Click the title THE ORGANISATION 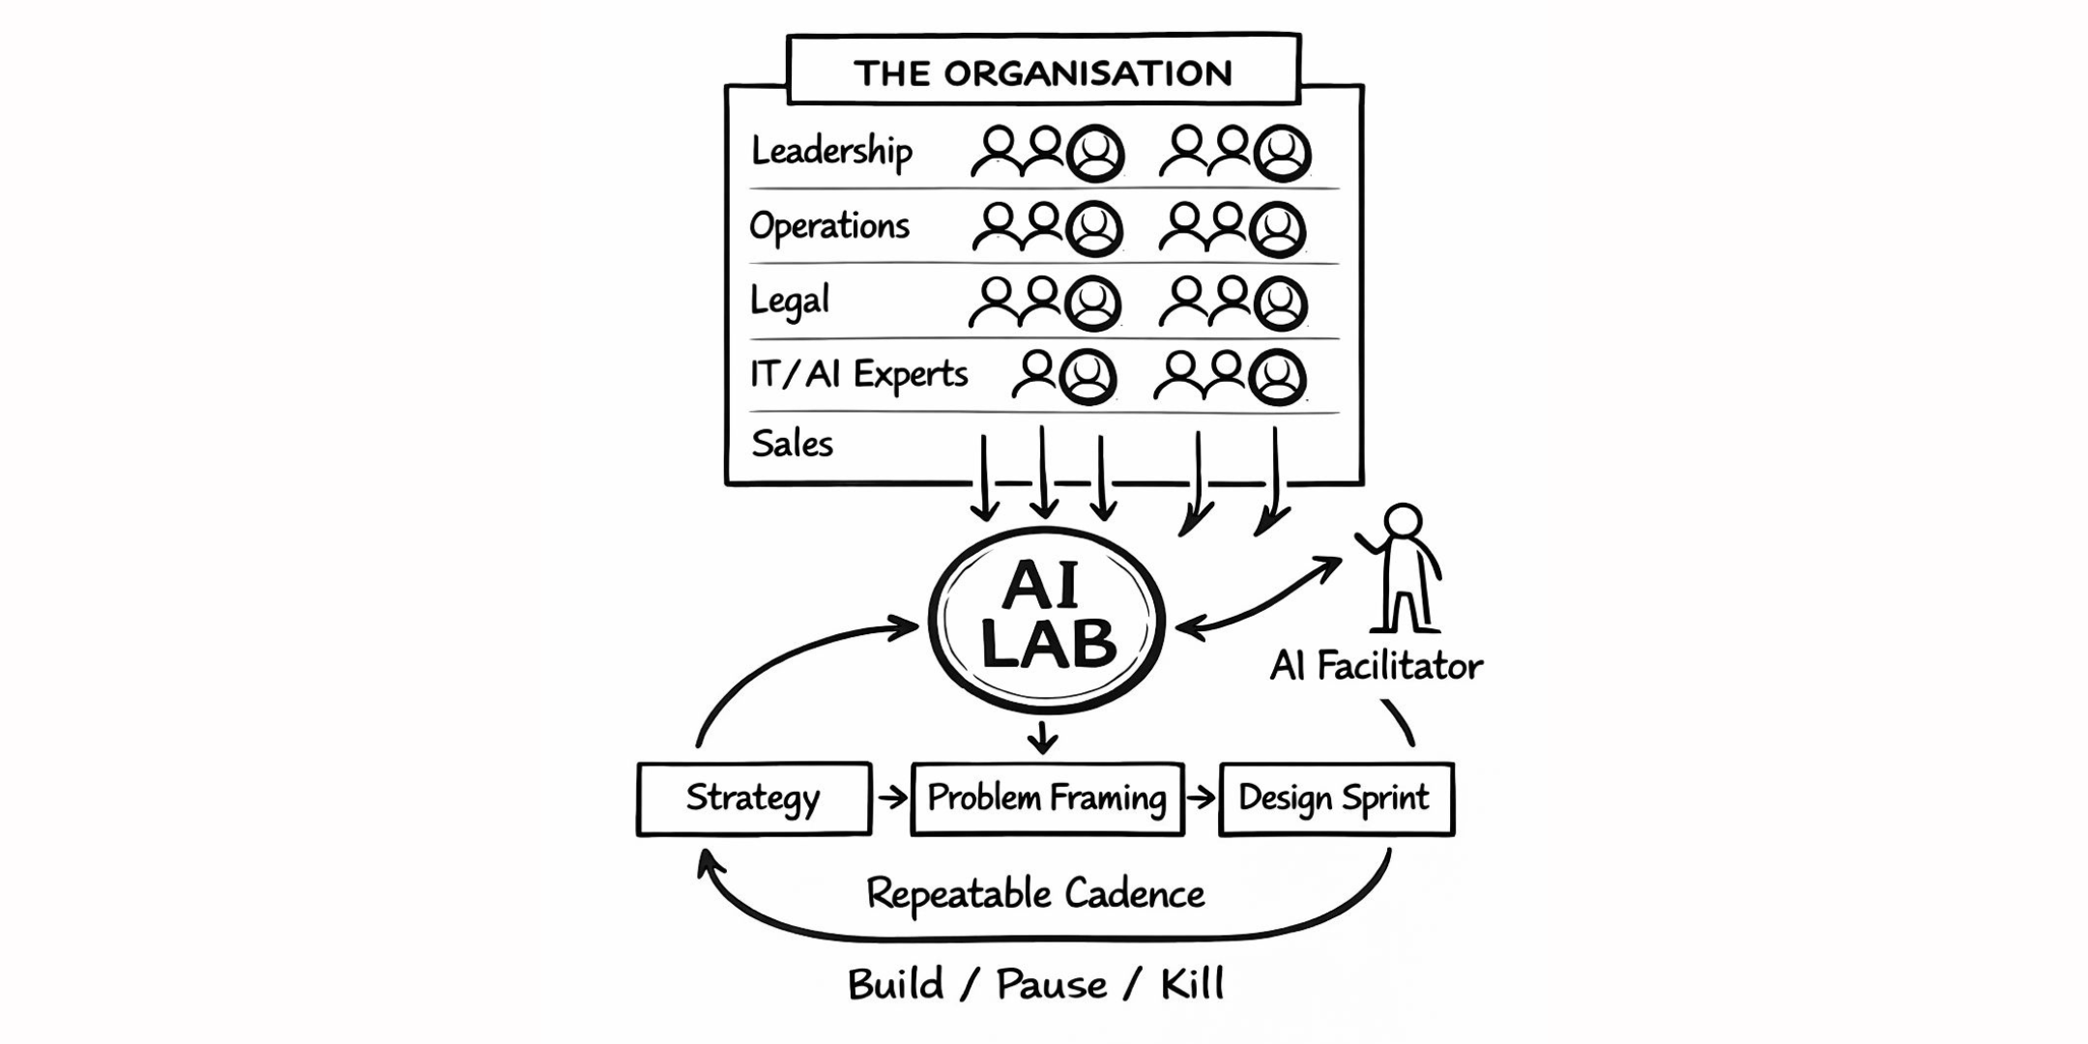(x=1043, y=72)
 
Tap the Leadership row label (x=831, y=152)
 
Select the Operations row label (x=829, y=226)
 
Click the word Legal (x=790, y=301)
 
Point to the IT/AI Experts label (x=858, y=374)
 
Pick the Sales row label (x=792, y=444)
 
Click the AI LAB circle (x=1047, y=619)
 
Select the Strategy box (x=754, y=798)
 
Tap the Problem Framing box (x=1047, y=798)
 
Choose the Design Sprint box (x=1336, y=798)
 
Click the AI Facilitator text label (x=1376, y=666)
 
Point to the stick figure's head (x=1403, y=520)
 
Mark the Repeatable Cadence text (x=1035, y=894)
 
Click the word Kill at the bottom (x=1192, y=985)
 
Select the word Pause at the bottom (x=1052, y=985)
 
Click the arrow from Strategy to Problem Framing (x=892, y=797)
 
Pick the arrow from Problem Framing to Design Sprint (x=1202, y=797)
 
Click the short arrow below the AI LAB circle (x=1042, y=738)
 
